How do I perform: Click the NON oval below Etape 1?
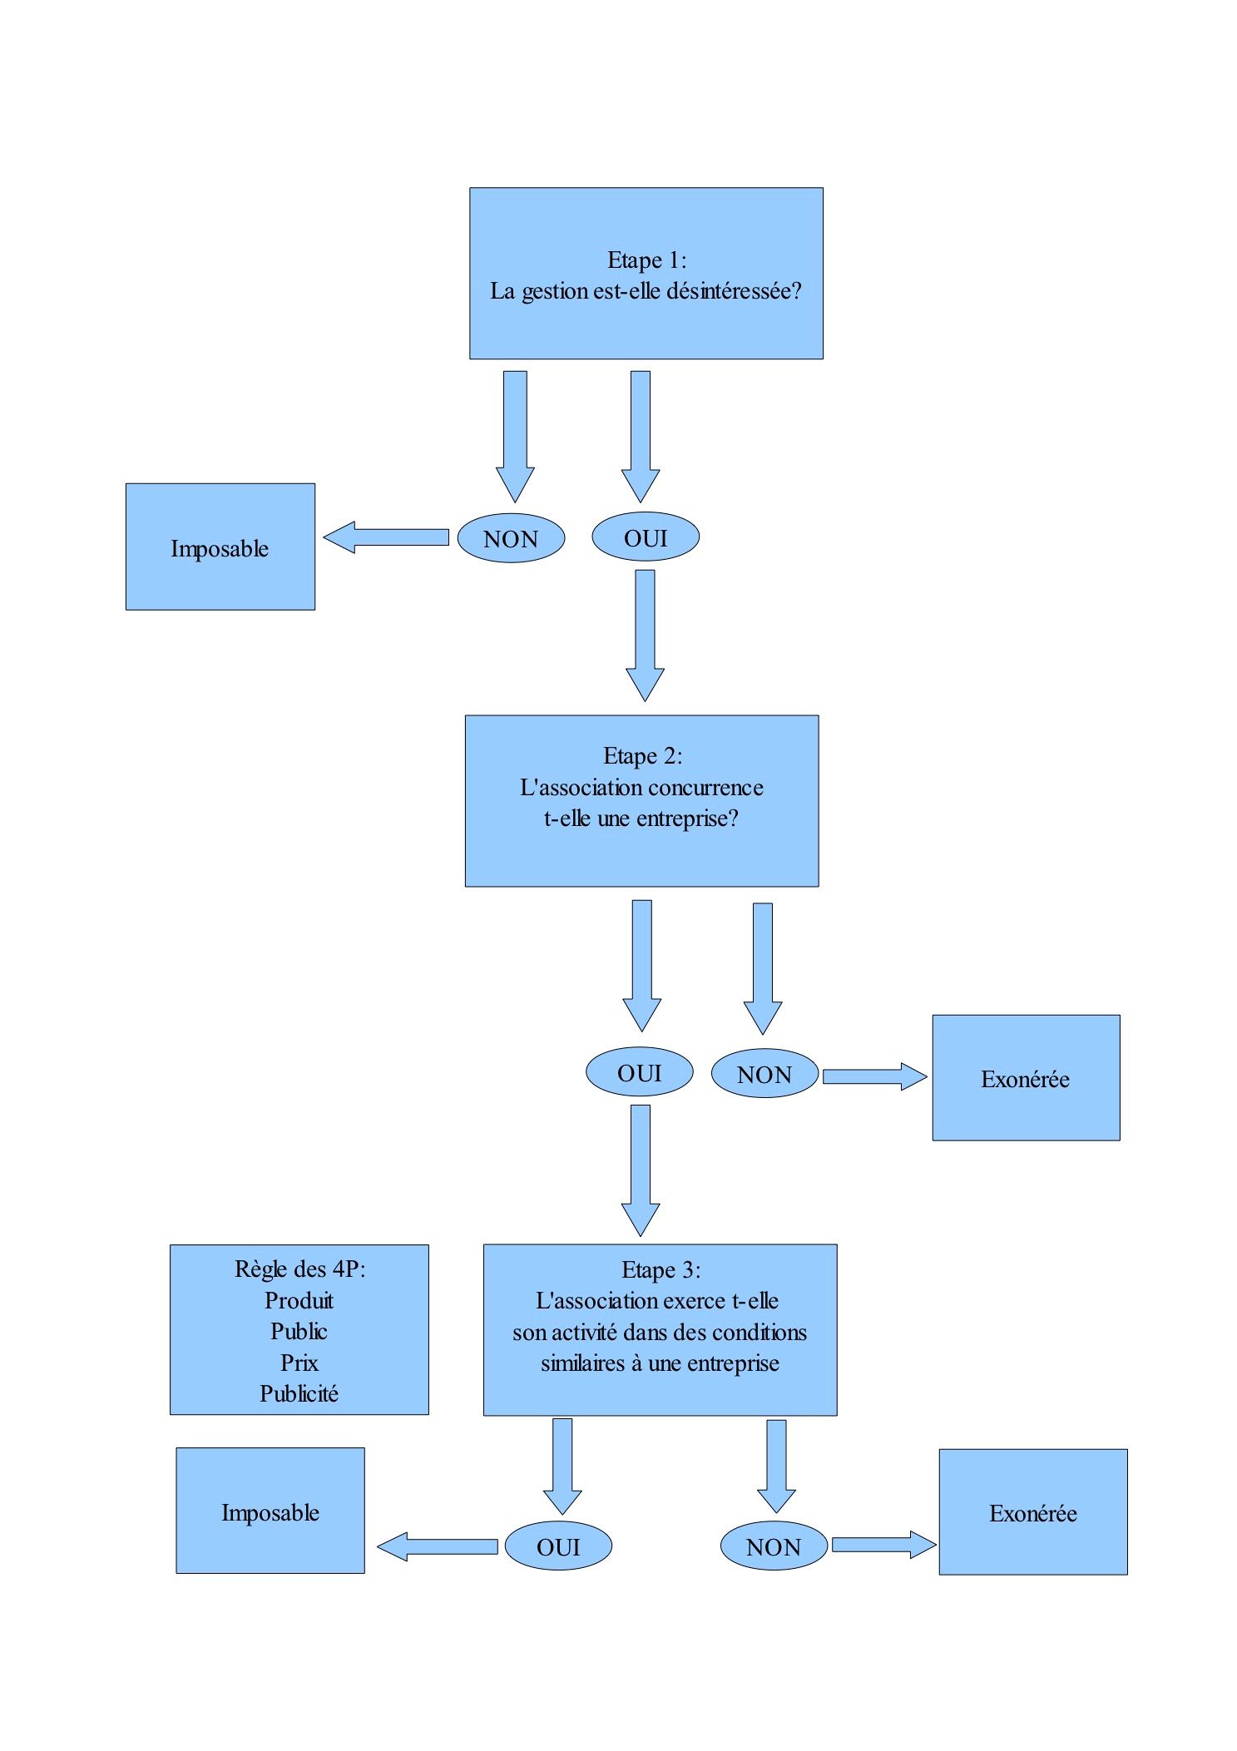pyautogui.click(x=511, y=538)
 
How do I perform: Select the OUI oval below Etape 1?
pyautogui.click(x=645, y=537)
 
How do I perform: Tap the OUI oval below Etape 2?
pyautogui.click(x=639, y=1072)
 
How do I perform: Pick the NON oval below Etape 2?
pyautogui.click(x=764, y=1074)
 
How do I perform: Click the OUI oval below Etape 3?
pyautogui.click(x=558, y=1546)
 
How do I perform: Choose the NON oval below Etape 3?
pyautogui.click(x=773, y=1546)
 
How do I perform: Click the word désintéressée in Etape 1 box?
pyautogui.click(x=733, y=291)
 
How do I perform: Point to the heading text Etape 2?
pyautogui.click(x=642, y=756)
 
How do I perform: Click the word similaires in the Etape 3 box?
pyautogui.click(x=581, y=1363)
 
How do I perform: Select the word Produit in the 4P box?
pyautogui.click(x=299, y=1300)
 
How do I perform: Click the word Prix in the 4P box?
pyautogui.click(x=299, y=1363)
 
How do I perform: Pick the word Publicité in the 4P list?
pyautogui.click(x=299, y=1393)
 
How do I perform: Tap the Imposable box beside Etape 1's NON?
pyautogui.click(x=220, y=547)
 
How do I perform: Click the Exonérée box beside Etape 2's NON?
pyautogui.click(x=1025, y=1077)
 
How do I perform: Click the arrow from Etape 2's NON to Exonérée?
pyautogui.click(x=873, y=1076)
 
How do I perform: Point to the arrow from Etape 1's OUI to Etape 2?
pyautogui.click(x=645, y=634)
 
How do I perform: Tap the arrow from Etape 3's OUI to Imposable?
pyautogui.click(x=438, y=1546)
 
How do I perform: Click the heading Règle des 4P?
pyautogui.click(x=299, y=1269)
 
